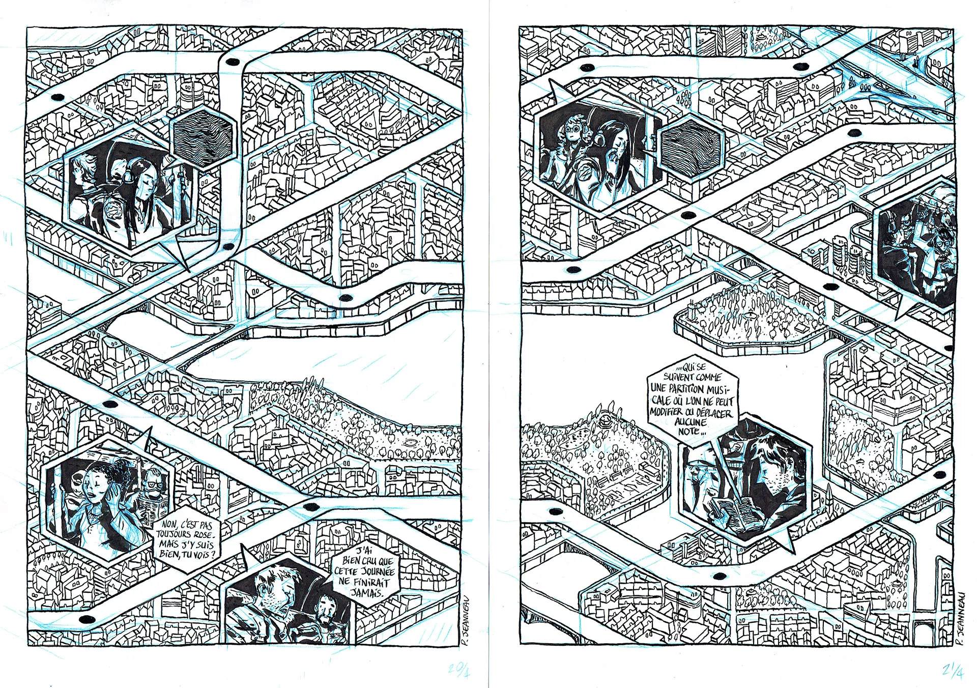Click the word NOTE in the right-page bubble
pos(689,432)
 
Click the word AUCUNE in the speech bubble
pos(691,421)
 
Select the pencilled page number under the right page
pos(952,671)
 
